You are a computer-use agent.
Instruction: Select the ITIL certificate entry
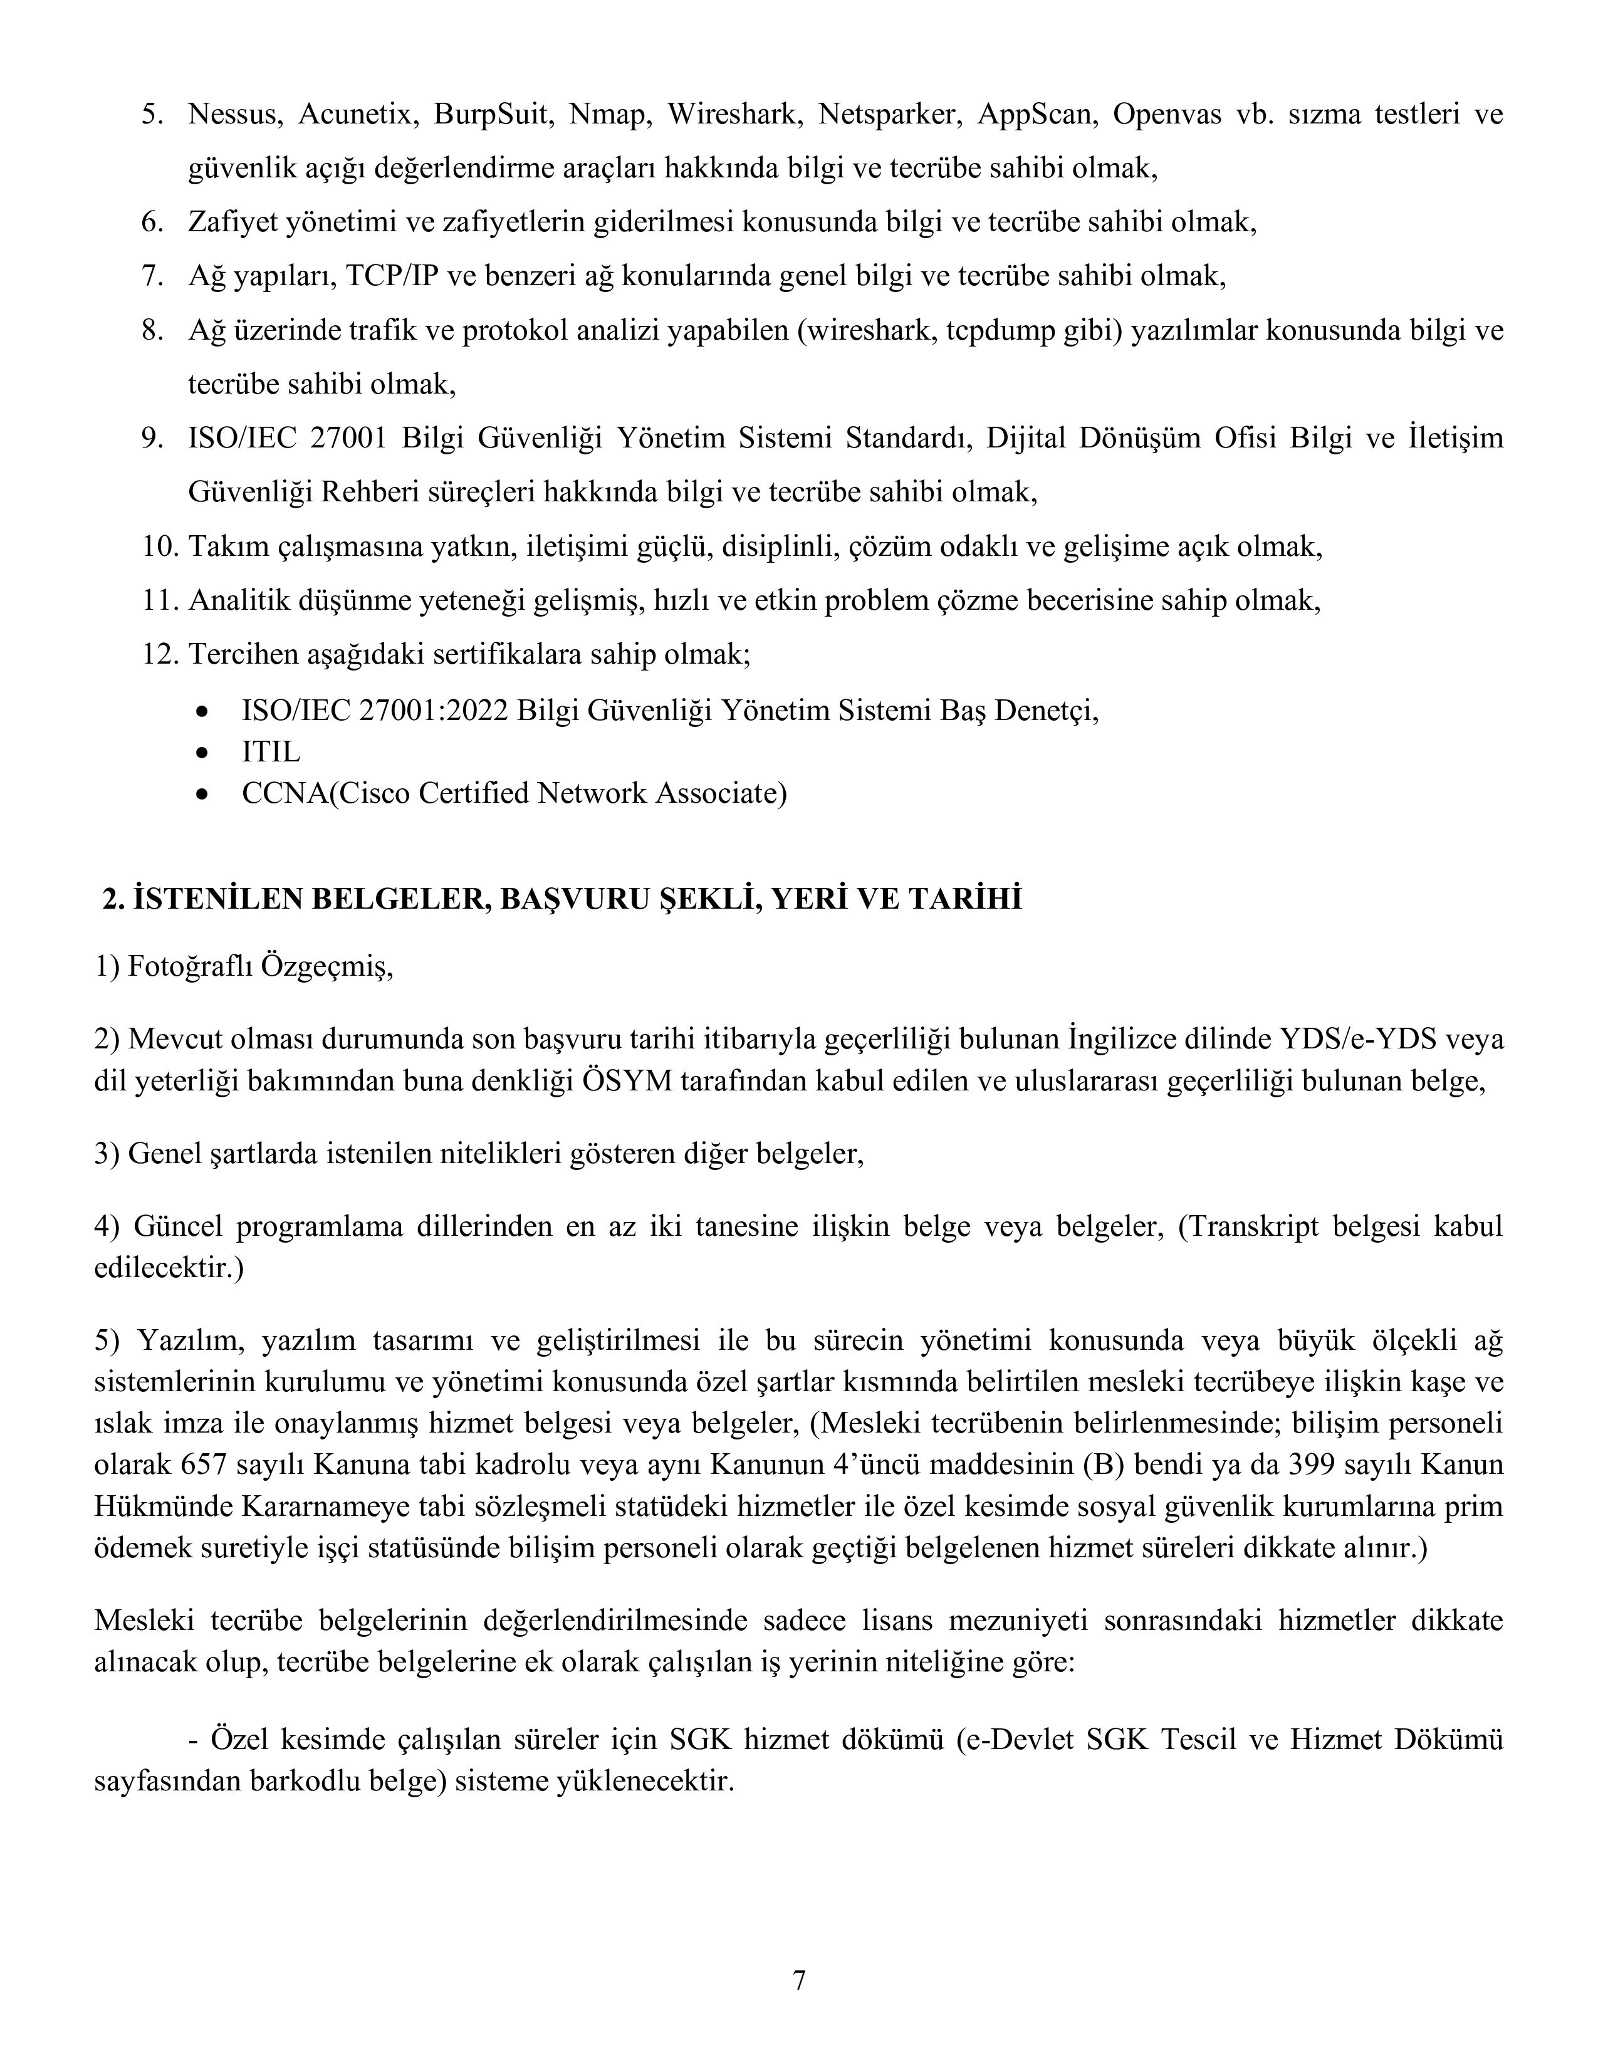271,752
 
